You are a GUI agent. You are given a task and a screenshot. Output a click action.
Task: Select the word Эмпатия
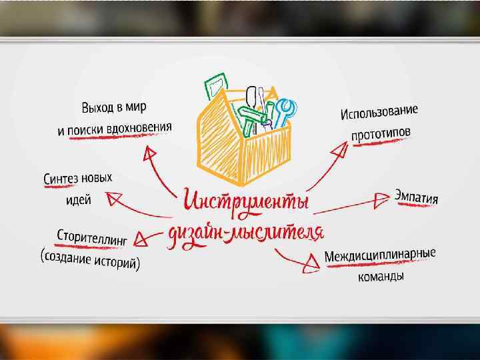point(417,197)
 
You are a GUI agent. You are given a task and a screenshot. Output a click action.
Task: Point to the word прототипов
point(381,134)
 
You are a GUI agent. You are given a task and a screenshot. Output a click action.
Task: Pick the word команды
point(379,276)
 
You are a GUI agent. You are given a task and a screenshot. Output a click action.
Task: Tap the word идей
point(78,200)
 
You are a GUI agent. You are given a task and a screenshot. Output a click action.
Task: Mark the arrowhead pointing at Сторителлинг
point(141,237)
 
